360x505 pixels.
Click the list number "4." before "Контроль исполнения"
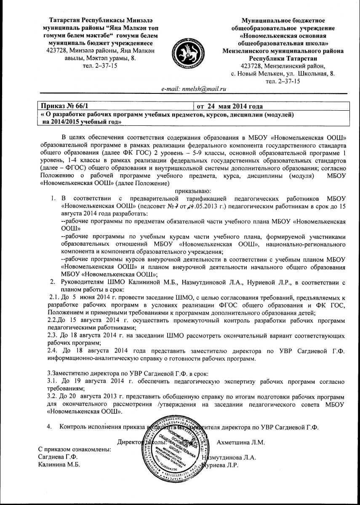pos(50,427)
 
